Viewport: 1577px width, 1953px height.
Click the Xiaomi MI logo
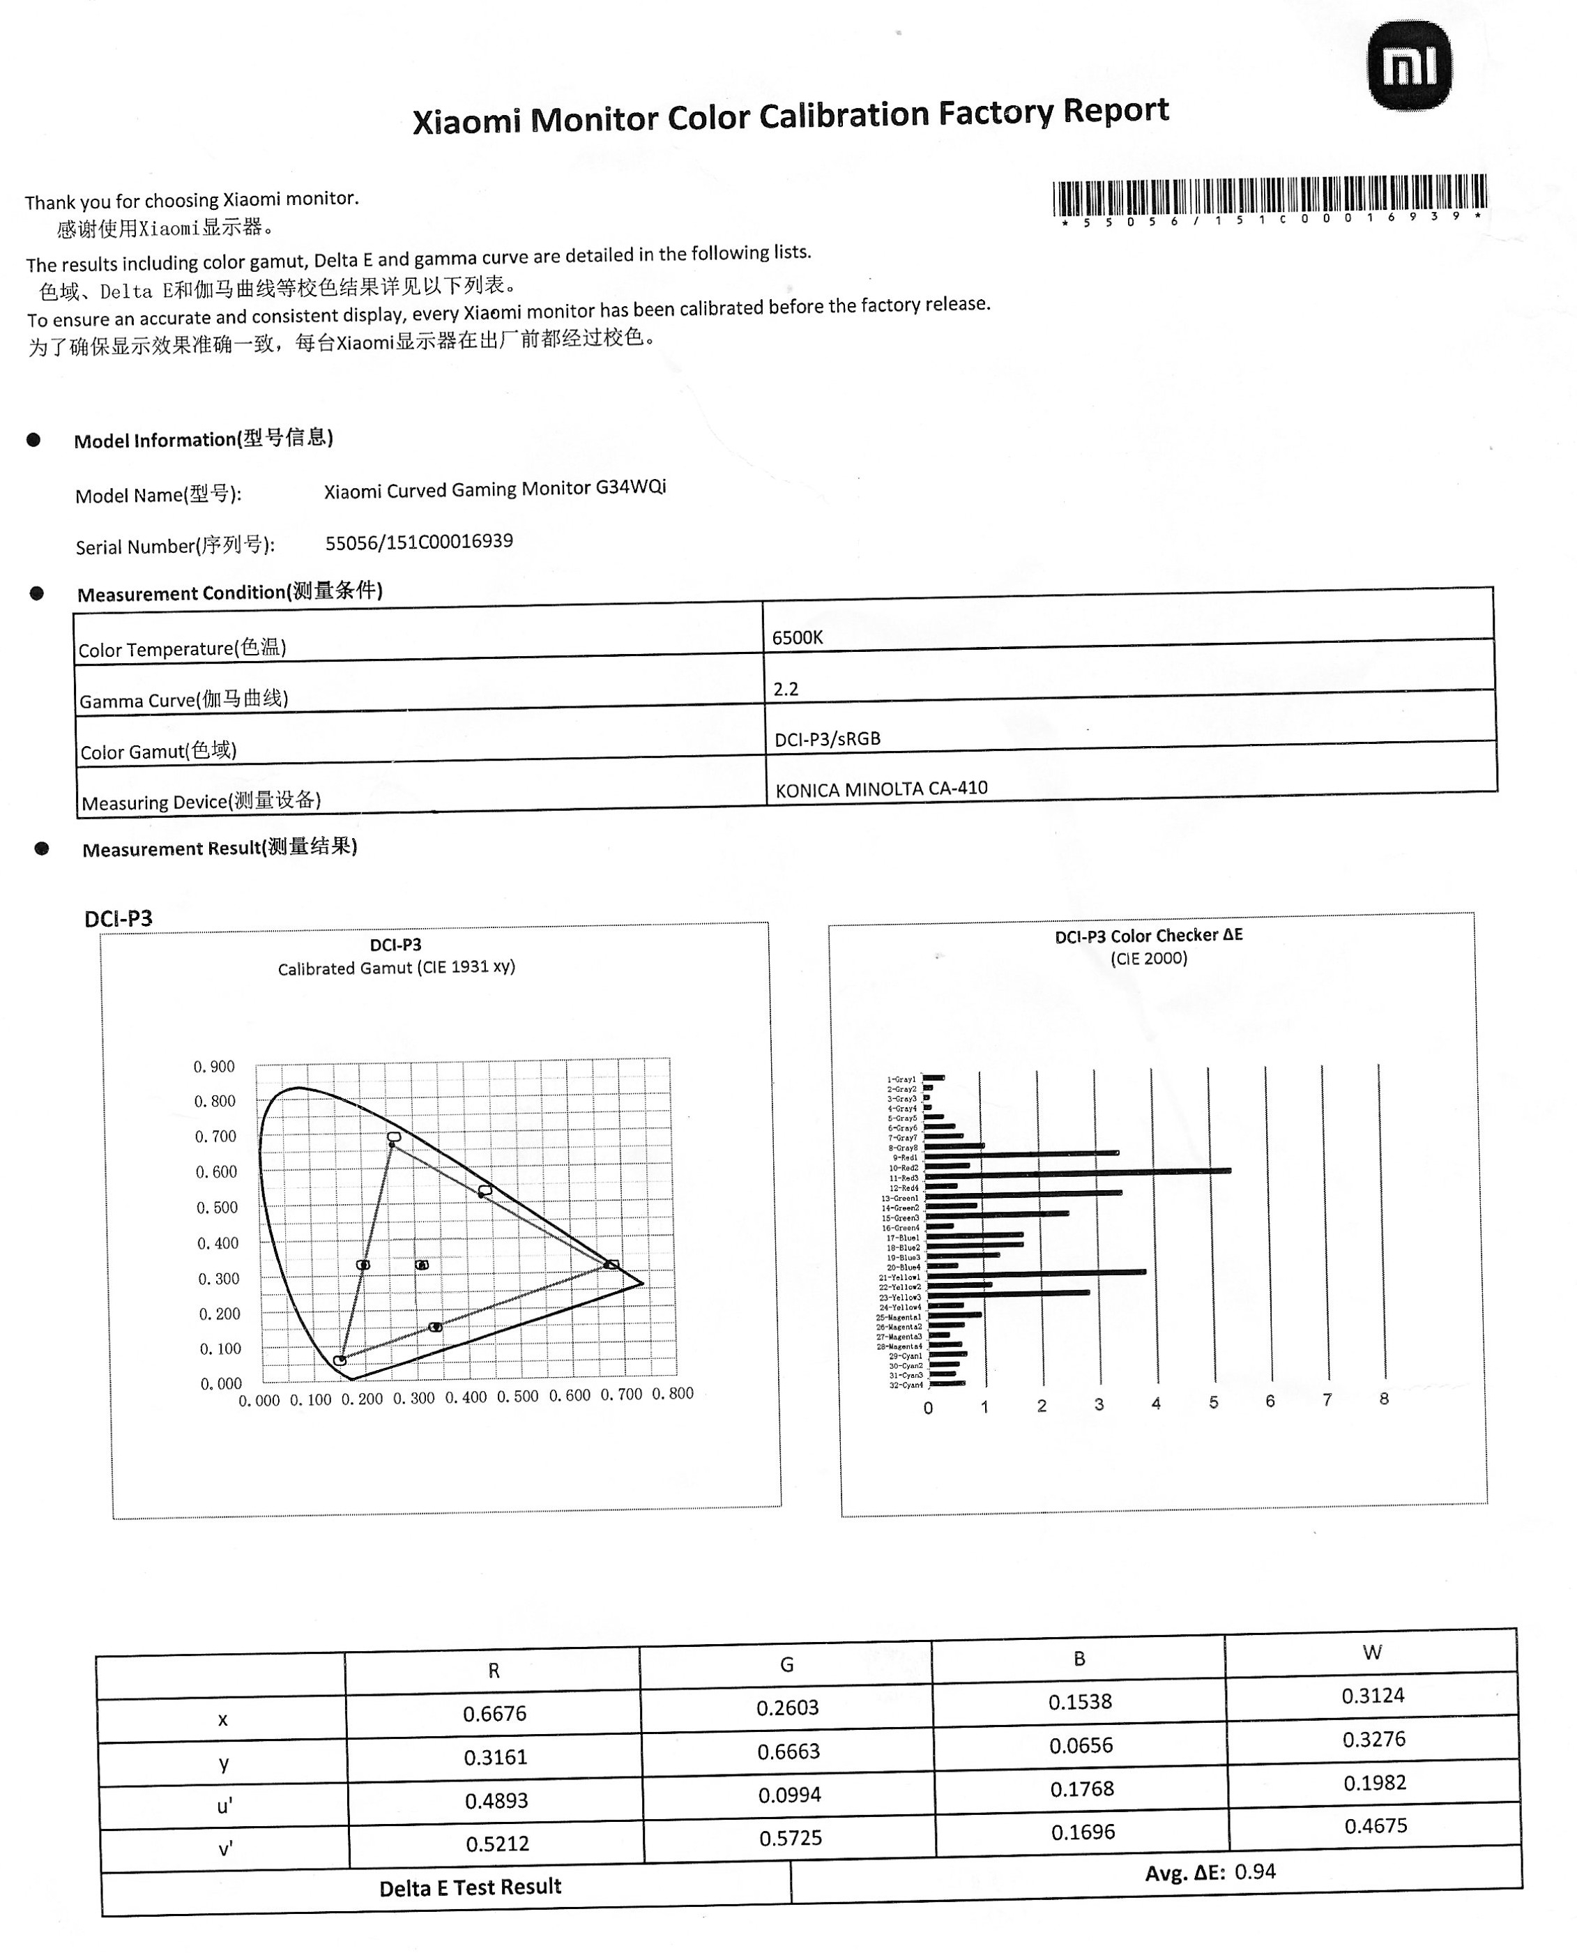pos(1409,66)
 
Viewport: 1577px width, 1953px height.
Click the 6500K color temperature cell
pos(798,638)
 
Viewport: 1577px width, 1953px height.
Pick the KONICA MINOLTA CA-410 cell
pos(881,789)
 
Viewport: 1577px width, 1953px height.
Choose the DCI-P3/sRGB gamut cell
pos(828,738)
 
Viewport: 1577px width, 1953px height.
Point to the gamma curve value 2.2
pos(786,689)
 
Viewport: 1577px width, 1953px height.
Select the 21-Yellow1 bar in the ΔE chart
pos(1035,1274)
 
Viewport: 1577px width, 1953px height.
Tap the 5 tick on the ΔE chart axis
pos(1214,1403)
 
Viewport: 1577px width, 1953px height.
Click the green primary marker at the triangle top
pos(393,1137)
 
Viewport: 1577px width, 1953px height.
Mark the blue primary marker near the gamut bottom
pos(340,1360)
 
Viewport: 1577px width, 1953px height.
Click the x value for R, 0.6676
pos(494,1713)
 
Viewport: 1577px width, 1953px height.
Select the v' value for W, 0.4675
pos(1376,1826)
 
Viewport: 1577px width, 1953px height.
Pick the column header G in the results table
pos(786,1664)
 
